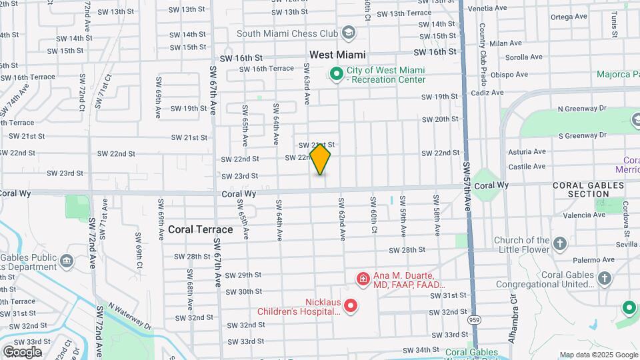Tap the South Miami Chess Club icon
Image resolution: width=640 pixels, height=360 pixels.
[348, 32]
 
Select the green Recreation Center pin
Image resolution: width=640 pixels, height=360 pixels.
[337, 73]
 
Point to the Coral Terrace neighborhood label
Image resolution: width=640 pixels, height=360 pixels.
[200, 229]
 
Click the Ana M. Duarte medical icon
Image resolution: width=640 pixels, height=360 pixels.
[363, 278]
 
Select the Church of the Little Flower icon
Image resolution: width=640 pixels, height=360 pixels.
[560, 243]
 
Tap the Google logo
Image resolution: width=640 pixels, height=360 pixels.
[22, 352]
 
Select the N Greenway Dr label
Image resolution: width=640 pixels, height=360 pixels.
[582, 108]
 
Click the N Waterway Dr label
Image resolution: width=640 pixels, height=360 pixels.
[131, 319]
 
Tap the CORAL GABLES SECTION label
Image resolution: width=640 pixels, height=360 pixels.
[581, 189]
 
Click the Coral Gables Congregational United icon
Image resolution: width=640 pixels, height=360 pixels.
[604, 278]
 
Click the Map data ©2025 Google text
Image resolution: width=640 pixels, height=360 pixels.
[598, 355]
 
